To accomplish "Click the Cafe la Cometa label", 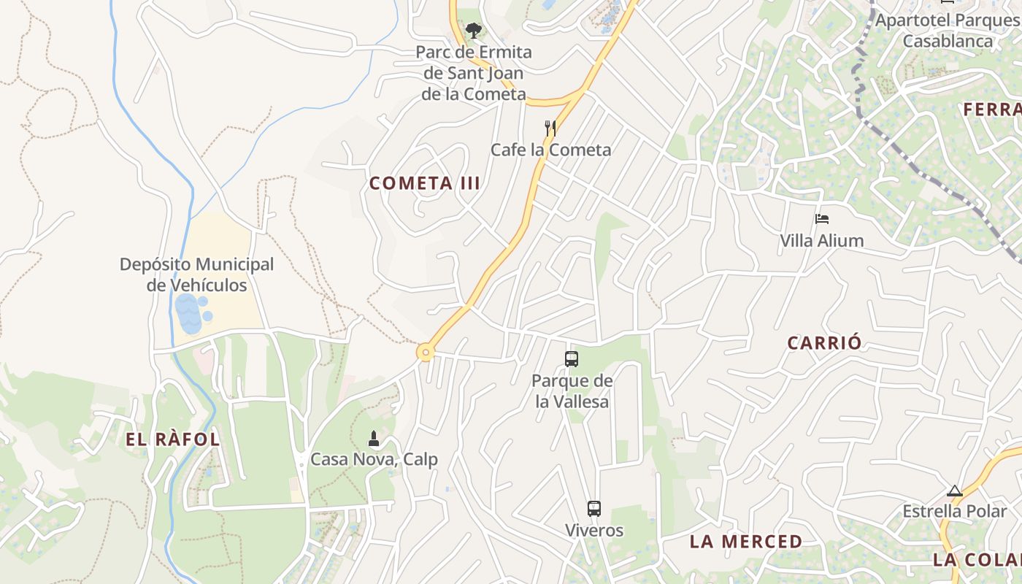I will pos(550,150).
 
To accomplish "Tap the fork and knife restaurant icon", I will pos(550,128).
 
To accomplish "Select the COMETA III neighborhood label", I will pos(425,183).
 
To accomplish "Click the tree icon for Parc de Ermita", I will pos(474,31).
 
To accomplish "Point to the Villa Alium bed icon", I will pos(822,218).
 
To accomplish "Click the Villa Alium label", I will pos(821,241).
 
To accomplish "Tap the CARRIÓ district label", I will pos(824,343).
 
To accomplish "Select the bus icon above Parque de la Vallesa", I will pos(572,358).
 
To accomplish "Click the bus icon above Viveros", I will pos(594,509).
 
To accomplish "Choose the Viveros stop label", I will pos(594,531).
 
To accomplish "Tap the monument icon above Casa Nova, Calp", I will pos(374,438).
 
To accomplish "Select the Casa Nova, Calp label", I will pos(374,460).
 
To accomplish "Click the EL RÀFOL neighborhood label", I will pos(173,439).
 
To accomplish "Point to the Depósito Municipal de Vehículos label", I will pos(197,274).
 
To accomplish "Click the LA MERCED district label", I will pos(746,542).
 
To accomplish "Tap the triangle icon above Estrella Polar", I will pos(954,491).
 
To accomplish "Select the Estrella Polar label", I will pos(954,511).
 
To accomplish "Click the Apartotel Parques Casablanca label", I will pos(947,30).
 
